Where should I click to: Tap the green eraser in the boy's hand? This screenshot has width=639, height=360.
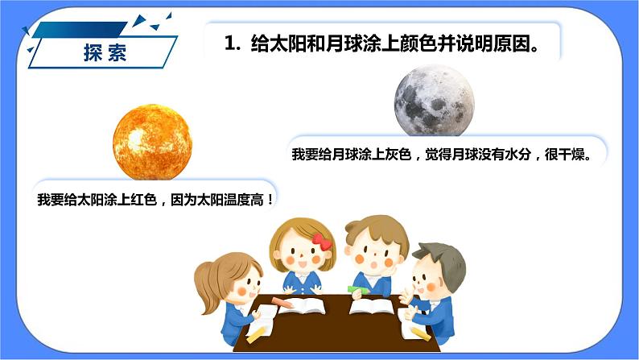coord(357,287)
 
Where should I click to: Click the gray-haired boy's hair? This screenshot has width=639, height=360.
coord(441,259)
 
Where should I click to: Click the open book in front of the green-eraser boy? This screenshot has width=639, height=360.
coord(371,307)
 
